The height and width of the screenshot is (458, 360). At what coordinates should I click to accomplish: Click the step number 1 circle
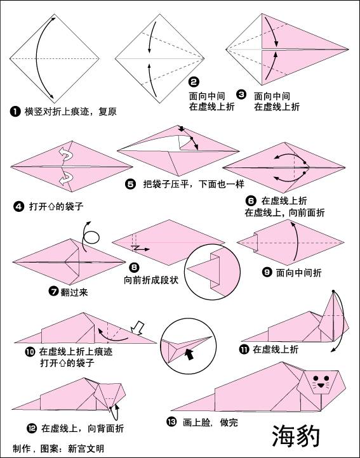pos(15,111)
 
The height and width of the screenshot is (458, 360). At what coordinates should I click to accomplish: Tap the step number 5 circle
pos(130,185)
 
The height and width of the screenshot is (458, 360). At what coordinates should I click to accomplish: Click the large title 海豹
pos(297,436)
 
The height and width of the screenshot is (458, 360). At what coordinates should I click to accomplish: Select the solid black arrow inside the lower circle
pos(189,348)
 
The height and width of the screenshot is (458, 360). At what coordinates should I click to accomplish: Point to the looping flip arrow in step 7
pos(91,237)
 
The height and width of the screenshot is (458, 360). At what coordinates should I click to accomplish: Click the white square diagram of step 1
pos(54,58)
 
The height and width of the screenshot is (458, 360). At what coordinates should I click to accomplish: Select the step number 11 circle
pos(244,349)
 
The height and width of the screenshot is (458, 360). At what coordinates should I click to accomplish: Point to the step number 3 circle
pos(241,95)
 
